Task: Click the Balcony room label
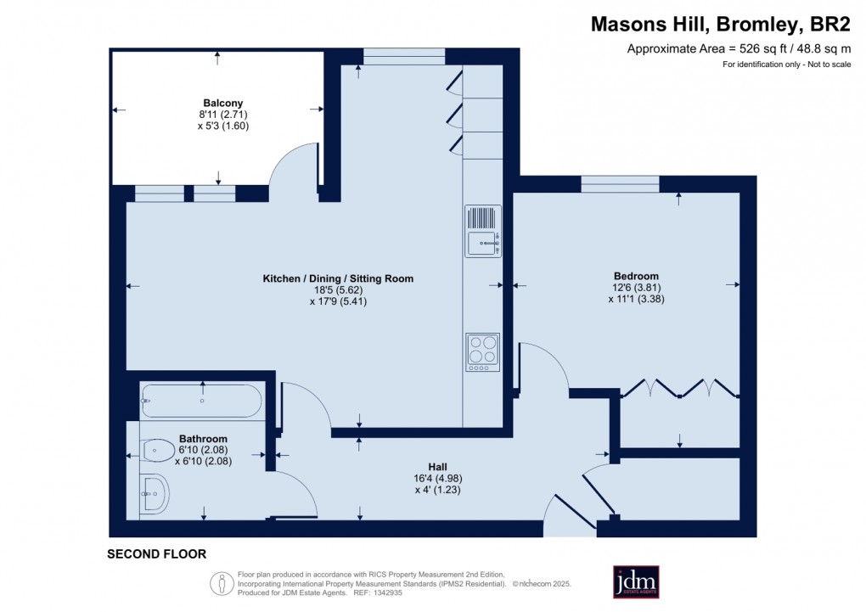click(x=218, y=103)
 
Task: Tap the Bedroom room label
click(x=636, y=276)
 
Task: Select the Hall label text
click(x=437, y=466)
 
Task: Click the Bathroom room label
click(x=203, y=439)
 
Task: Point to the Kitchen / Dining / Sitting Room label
click(x=338, y=278)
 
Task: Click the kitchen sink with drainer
click(x=482, y=231)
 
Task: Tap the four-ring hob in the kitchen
click(x=482, y=351)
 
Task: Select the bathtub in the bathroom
click(x=202, y=400)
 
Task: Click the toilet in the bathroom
click(x=157, y=449)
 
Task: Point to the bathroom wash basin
click(x=155, y=491)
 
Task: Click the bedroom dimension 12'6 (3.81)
click(x=636, y=288)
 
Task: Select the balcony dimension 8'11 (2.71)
click(x=218, y=115)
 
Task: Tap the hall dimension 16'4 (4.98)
click(x=437, y=478)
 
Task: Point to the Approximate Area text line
click(x=738, y=49)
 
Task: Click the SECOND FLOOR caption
click(x=156, y=554)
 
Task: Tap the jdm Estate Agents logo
click(x=636, y=581)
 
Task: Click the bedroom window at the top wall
click(x=620, y=183)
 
